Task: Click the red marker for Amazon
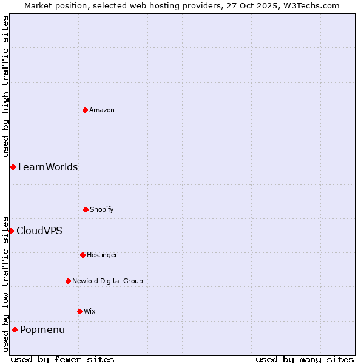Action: (85, 110)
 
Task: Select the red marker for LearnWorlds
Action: (13, 167)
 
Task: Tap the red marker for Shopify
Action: (86, 209)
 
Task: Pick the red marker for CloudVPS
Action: (11, 231)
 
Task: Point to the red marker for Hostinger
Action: (83, 255)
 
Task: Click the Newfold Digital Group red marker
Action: (68, 281)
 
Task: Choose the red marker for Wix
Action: (79, 311)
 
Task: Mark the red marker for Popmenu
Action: (15, 329)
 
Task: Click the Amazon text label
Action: (102, 110)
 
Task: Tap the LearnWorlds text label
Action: (48, 167)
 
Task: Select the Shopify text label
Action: (102, 209)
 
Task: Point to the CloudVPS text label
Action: (39, 231)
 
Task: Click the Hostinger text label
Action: (102, 255)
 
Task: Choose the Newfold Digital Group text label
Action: (108, 281)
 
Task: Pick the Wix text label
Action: (90, 311)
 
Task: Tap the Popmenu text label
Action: (42, 329)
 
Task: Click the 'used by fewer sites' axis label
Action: (62, 359)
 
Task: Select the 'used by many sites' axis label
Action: (305, 359)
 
